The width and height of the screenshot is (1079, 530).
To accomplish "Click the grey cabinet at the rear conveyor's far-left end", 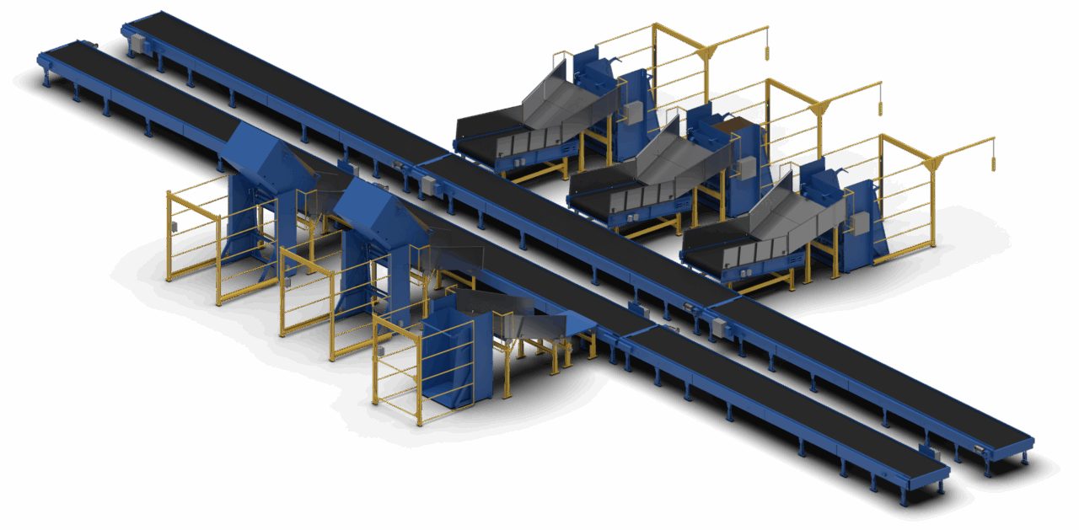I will [138, 44].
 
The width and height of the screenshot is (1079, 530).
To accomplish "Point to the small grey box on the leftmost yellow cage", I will [174, 226].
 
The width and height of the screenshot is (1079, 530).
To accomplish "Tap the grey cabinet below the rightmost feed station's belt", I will [719, 327].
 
